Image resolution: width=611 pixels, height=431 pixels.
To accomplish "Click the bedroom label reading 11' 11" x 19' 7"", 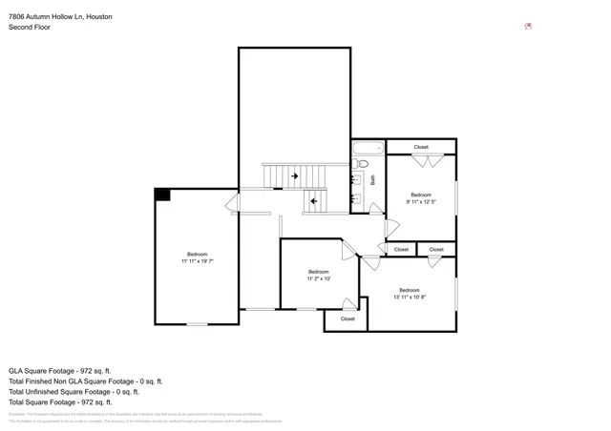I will coord(198,257).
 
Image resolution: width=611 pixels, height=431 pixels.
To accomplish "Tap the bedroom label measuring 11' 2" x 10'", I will coord(318,276).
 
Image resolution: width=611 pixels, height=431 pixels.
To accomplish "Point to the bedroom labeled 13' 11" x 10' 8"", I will coord(409,294).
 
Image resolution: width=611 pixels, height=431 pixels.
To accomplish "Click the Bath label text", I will coord(373,178).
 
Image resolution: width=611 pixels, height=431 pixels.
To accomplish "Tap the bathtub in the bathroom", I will coord(368,147).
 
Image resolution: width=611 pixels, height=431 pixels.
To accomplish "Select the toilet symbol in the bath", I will coord(361,164).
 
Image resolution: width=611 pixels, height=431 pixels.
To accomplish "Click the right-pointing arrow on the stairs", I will coord(296,175).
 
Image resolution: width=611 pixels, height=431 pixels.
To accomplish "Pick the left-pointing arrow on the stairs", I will coord(313,201).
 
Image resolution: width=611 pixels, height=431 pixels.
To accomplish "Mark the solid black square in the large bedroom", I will coord(162,195).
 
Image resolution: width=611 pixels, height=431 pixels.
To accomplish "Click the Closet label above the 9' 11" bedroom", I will coord(421,147).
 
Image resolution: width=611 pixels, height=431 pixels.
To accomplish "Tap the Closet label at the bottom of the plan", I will coord(348,318).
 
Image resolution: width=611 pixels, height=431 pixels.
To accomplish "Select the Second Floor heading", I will coord(30,28).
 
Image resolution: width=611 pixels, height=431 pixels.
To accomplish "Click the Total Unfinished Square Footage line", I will coord(74,391).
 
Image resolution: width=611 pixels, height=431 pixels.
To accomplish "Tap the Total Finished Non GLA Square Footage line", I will coord(85,380).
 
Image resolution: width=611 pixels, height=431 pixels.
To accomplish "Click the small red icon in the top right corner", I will coord(528,27).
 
